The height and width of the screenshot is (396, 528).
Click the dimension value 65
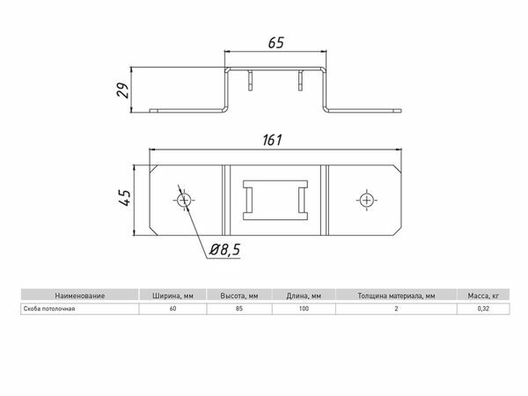click(x=275, y=43)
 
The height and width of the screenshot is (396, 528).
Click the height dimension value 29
click(x=123, y=90)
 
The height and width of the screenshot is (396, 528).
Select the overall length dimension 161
click(x=272, y=140)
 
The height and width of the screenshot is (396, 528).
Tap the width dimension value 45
click(x=124, y=198)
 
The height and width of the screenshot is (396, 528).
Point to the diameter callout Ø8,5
click(x=224, y=250)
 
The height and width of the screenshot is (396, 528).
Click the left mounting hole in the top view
click(x=184, y=201)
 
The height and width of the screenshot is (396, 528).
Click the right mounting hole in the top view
click(x=366, y=201)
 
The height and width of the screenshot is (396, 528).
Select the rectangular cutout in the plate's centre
click(x=275, y=200)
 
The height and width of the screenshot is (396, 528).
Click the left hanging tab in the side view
click(x=250, y=80)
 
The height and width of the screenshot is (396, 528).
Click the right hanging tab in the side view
click(x=300, y=80)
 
